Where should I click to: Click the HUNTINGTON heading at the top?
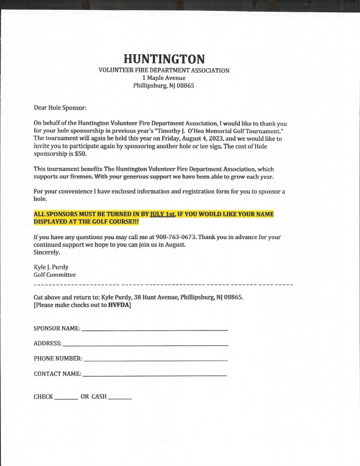164,59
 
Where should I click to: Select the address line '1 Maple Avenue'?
164,78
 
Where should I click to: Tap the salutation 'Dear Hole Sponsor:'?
60,108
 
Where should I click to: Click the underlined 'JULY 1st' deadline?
163,214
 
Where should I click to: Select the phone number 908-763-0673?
176,237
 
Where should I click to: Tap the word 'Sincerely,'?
47,252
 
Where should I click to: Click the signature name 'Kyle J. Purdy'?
51,267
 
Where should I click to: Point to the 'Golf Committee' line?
55,275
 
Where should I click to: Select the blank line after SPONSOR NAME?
155,329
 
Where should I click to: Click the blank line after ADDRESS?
145,344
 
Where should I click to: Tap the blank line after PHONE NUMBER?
155,359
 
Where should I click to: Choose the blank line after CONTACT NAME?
154,374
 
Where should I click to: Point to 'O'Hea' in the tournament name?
195,131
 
